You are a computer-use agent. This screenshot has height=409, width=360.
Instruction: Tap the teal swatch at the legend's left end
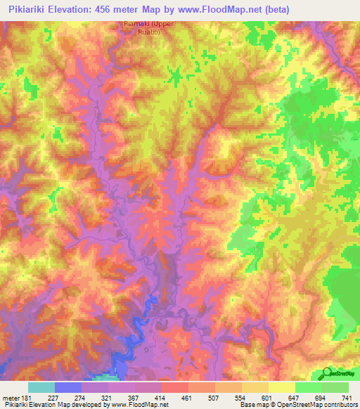tap(41, 387)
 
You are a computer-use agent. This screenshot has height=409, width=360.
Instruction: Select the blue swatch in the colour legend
tap(68, 387)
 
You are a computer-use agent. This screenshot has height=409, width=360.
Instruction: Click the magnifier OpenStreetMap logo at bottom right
tap(326, 373)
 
